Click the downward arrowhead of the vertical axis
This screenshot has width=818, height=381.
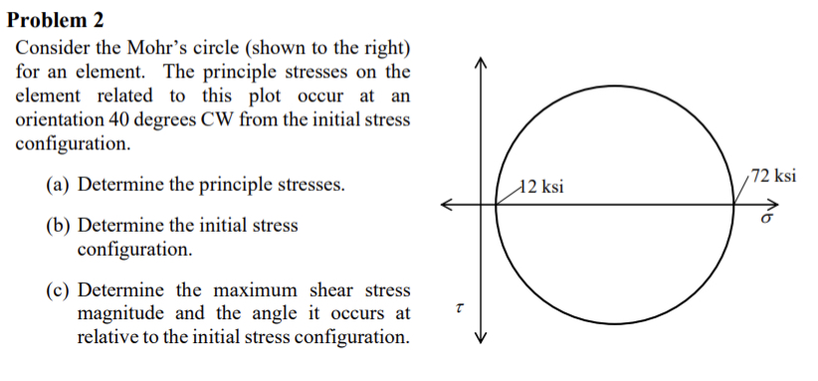click(482, 335)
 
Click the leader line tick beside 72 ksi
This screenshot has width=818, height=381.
click(742, 188)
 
